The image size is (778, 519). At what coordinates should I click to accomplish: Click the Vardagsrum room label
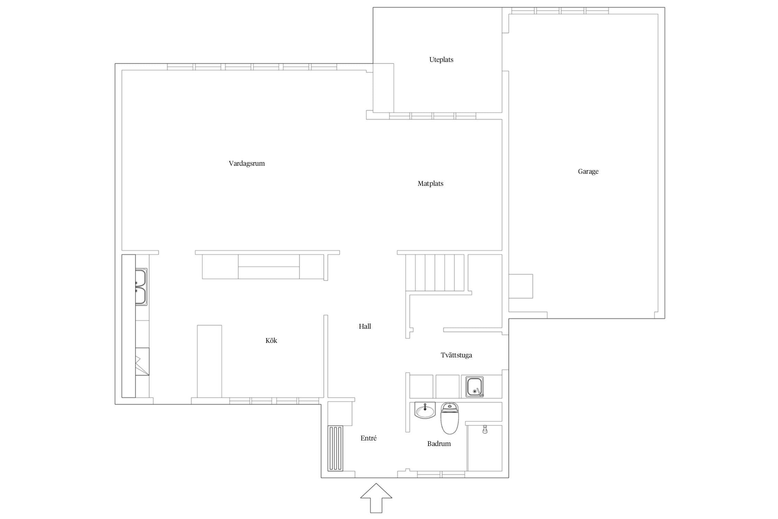click(x=247, y=164)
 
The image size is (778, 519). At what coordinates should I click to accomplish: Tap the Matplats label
click(x=430, y=184)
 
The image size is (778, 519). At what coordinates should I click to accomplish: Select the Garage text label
click(x=588, y=172)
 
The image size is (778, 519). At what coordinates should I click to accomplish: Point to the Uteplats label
click(x=441, y=60)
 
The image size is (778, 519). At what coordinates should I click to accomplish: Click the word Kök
click(x=271, y=340)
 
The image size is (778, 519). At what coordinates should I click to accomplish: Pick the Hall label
click(x=365, y=326)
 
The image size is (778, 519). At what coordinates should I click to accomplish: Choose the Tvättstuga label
click(x=456, y=355)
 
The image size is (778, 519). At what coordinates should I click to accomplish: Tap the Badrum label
click(x=439, y=444)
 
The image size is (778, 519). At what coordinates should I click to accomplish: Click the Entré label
click(x=368, y=438)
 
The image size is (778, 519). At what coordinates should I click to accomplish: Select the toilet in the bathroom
click(x=450, y=418)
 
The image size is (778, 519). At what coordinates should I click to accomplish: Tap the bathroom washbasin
click(x=425, y=410)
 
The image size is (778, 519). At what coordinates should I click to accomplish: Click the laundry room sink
click(x=474, y=386)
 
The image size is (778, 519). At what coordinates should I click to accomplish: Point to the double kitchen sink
click(x=141, y=287)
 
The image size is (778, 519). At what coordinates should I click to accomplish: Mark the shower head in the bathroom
click(x=485, y=429)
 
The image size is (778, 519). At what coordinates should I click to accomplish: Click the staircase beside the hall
click(x=435, y=273)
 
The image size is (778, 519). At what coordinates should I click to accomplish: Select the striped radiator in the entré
click(x=335, y=448)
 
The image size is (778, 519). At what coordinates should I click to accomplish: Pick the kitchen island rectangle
click(x=210, y=361)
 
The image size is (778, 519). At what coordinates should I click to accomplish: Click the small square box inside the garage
click(x=521, y=286)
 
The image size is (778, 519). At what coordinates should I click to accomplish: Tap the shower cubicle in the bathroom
click(x=484, y=448)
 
